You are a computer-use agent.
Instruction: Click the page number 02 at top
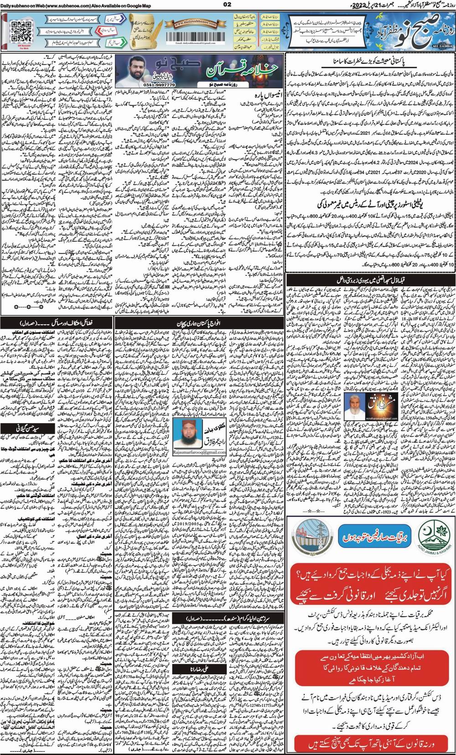pyautogui.click(x=228, y=4)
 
